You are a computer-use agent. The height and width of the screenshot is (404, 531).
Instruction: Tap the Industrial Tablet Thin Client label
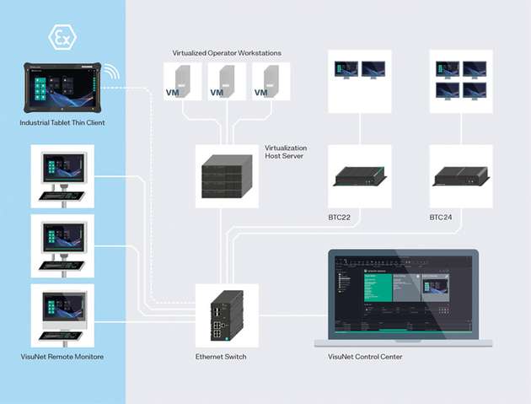point(62,123)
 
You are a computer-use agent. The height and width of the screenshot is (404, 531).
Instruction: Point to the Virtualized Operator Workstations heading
point(227,53)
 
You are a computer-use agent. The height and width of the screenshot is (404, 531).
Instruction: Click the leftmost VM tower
point(179,82)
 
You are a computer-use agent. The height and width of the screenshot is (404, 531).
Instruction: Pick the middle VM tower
point(224,82)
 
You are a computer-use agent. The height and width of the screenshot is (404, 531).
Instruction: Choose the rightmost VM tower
point(270,82)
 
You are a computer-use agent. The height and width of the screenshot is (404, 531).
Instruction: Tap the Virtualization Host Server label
point(286,152)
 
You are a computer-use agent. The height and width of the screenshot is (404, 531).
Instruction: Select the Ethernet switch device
point(225,315)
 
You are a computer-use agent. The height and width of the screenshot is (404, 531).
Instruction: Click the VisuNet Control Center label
point(365,357)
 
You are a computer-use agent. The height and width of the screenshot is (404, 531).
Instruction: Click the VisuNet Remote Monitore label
point(62,357)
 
